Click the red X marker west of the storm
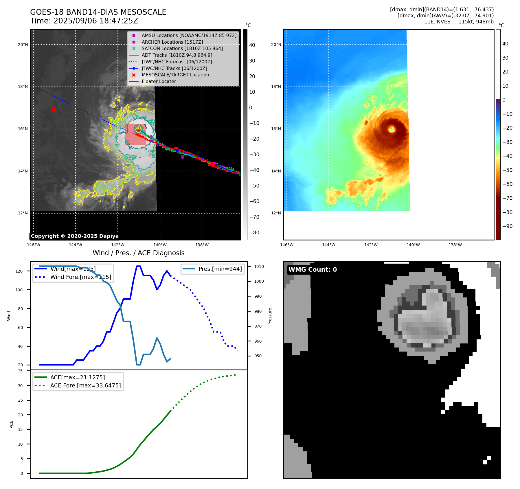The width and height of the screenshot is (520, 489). [x=54, y=109]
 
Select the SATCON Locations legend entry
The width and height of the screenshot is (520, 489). [x=182, y=49]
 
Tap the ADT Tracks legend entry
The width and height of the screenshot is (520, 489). [x=177, y=55]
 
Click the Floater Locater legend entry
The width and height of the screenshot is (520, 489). [x=159, y=82]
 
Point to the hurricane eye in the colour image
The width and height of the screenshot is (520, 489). [x=392, y=129]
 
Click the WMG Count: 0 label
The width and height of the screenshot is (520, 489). [x=313, y=270]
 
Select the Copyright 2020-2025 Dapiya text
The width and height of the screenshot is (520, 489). [x=75, y=236]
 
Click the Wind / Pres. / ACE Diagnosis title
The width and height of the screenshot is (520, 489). [x=138, y=253]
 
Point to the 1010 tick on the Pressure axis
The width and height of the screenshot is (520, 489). [x=259, y=266]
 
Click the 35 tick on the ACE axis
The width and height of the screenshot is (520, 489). [x=20, y=371]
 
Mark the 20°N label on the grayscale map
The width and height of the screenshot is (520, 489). [x=23, y=45]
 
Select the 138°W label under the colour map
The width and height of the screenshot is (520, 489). [x=455, y=245]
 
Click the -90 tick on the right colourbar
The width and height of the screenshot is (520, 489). [x=507, y=226]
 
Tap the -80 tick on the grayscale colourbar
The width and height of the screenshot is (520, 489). [x=254, y=233]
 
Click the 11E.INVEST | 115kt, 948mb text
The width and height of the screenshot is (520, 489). [x=459, y=22]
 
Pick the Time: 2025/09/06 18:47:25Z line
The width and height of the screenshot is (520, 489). [x=84, y=21]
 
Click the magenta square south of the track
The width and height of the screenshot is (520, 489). [x=183, y=157]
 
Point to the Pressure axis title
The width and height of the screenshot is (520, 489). [x=270, y=316]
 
